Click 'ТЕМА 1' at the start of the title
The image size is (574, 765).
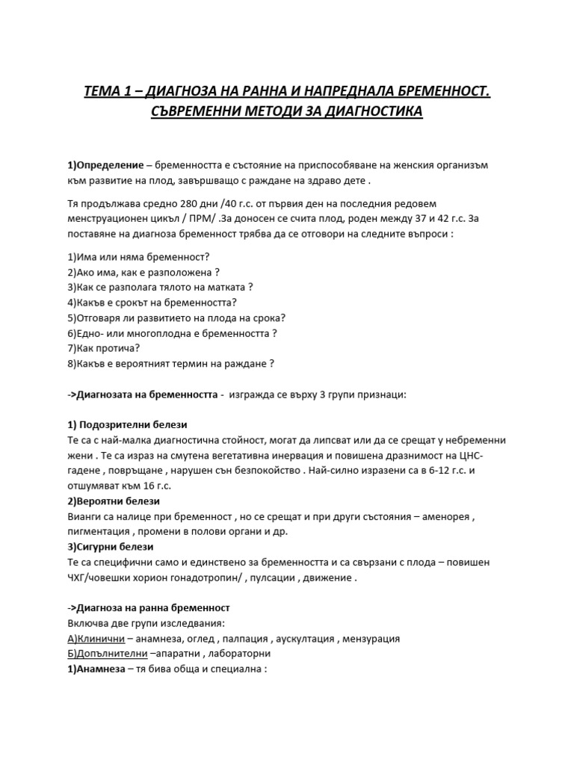(x=108, y=93)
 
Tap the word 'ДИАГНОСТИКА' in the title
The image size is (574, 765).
(x=362, y=112)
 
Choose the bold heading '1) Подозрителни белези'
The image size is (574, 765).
(x=127, y=424)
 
